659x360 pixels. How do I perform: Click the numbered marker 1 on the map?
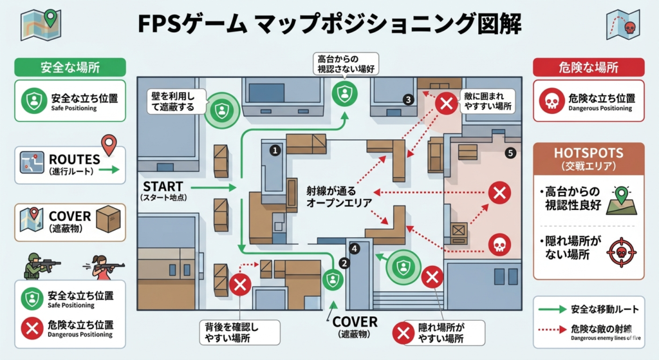[x=274, y=150]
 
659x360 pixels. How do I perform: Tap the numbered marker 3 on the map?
[x=407, y=99]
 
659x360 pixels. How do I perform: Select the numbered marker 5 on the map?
[x=510, y=153]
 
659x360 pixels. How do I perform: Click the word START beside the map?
[x=163, y=187]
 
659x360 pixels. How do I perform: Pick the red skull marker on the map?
[x=499, y=245]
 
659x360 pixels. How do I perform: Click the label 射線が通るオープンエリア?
[x=339, y=197]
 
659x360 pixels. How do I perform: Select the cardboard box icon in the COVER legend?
[x=107, y=219]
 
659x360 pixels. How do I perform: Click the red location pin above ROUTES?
[x=109, y=143]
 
